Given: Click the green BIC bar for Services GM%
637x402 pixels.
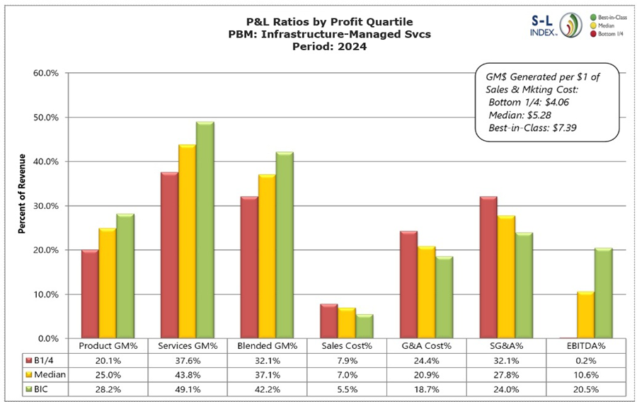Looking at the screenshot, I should (205, 230).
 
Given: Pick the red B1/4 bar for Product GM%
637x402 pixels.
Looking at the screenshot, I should (90, 294).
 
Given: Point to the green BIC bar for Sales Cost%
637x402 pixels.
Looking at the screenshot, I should (364, 326).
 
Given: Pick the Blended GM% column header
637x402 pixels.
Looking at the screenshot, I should (268, 345).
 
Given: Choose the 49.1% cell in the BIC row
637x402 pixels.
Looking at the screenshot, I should (188, 389).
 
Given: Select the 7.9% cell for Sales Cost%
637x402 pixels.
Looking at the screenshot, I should (348, 360).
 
